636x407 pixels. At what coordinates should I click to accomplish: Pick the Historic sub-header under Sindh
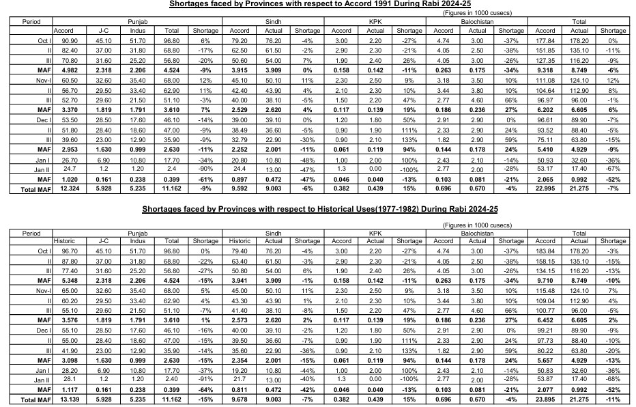point(240,241)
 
